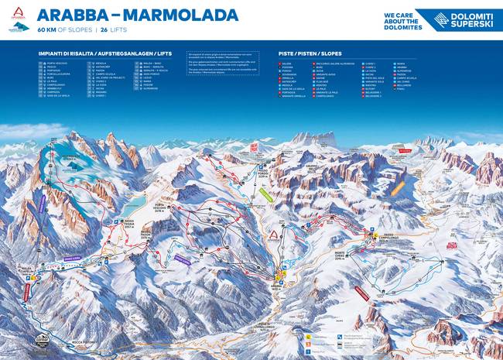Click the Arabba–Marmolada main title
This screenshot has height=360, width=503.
(x=137, y=15)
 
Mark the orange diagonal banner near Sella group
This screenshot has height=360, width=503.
(x=397, y=187)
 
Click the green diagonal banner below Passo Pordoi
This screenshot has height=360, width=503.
(x=266, y=195)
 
